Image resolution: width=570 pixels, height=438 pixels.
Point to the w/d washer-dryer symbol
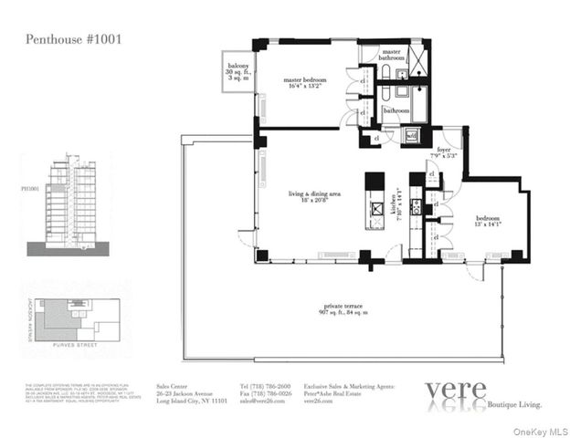(412, 136)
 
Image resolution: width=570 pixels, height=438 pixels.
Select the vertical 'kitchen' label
(395, 211)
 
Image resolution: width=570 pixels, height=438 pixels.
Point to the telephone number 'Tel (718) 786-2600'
(265, 387)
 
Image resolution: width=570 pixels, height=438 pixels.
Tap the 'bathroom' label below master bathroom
(396, 110)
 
